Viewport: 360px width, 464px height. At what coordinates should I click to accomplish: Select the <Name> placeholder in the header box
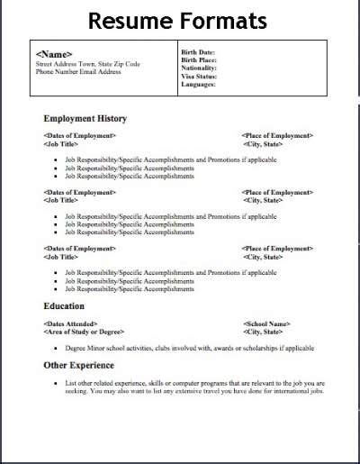click(54, 55)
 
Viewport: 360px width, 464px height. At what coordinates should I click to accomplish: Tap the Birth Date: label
click(199, 51)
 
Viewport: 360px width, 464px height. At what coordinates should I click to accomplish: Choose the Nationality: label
click(200, 68)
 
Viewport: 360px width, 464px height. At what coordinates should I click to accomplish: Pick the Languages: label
click(199, 84)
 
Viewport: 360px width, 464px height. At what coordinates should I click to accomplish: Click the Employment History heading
click(85, 118)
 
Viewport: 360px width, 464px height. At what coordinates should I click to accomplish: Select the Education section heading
click(64, 306)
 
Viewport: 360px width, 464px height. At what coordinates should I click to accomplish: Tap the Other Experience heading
click(79, 365)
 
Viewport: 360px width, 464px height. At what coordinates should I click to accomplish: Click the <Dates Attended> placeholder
click(70, 323)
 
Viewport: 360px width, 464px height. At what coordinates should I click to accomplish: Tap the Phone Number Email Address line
click(78, 72)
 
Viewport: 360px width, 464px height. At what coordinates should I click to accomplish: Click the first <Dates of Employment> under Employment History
click(79, 135)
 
